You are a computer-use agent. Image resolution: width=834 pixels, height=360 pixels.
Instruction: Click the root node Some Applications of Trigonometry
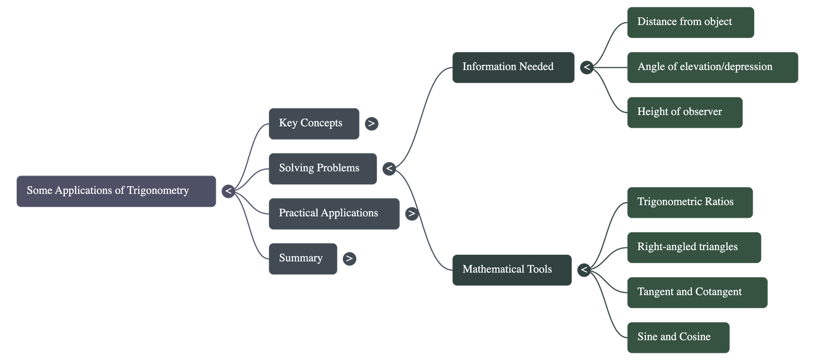(116, 191)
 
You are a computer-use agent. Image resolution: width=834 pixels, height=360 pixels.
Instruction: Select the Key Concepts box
(314, 123)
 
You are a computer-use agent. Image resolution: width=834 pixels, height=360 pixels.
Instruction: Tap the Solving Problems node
(322, 168)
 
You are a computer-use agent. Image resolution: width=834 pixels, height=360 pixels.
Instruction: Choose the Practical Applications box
(334, 214)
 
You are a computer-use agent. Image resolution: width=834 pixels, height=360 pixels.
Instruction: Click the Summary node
(302, 258)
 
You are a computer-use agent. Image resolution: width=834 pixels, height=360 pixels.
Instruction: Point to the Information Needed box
(513, 67)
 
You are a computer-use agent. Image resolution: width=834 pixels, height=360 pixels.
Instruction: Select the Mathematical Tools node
(511, 270)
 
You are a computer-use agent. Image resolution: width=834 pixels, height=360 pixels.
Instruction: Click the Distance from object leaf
(690, 22)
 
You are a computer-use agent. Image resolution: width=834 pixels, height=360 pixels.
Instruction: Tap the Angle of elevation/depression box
(712, 67)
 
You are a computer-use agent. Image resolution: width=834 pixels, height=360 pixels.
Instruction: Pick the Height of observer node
(684, 112)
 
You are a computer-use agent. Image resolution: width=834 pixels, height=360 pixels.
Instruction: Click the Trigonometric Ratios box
(690, 202)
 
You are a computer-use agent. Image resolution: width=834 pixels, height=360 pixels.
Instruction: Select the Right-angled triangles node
(693, 247)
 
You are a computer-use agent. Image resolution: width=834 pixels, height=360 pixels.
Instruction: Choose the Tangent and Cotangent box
(696, 292)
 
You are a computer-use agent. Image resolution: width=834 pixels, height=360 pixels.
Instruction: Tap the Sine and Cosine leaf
(678, 338)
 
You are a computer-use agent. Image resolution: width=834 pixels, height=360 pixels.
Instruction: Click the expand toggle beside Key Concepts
(371, 123)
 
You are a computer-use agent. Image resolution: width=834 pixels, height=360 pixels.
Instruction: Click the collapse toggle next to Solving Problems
(389, 168)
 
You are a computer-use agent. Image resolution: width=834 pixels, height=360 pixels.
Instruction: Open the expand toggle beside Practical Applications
(412, 214)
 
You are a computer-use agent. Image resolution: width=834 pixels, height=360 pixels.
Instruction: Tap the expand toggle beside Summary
(349, 258)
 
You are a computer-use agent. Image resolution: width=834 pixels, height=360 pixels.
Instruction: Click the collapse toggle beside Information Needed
(587, 67)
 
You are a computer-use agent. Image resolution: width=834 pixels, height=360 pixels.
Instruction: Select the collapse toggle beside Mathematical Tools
(584, 270)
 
